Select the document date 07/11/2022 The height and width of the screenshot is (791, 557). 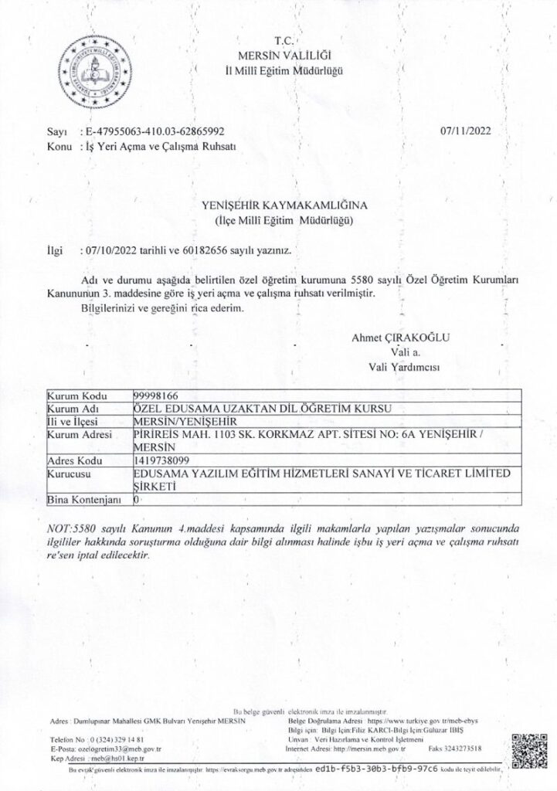point(463,132)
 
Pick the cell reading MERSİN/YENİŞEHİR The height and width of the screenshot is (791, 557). point(184,422)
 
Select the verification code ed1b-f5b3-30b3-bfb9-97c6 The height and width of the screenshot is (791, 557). point(376,770)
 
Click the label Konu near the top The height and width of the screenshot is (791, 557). point(58,146)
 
